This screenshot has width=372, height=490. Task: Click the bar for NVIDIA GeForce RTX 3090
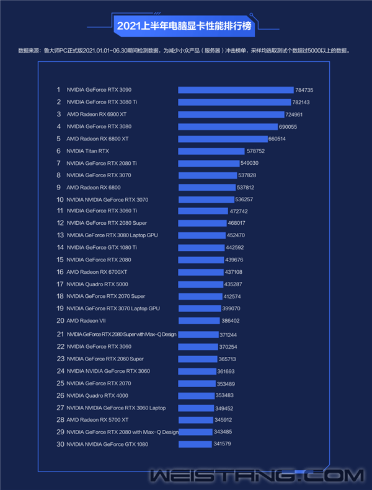(x=236, y=90)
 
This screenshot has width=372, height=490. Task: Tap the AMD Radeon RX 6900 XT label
(x=96, y=115)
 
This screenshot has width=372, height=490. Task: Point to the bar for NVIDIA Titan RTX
(x=211, y=151)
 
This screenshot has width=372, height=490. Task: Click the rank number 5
(x=58, y=139)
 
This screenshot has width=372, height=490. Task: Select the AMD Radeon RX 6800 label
(x=94, y=187)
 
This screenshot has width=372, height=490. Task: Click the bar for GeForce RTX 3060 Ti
(x=203, y=211)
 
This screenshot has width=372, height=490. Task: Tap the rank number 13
(x=60, y=235)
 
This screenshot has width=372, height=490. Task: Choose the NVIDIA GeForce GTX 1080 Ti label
(x=102, y=247)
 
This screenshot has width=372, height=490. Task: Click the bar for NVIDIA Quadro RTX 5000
(x=200, y=284)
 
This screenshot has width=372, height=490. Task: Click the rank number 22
(x=60, y=347)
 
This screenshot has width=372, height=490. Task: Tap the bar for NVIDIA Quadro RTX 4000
(x=196, y=395)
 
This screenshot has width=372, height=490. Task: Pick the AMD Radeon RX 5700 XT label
(x=97, y=420)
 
